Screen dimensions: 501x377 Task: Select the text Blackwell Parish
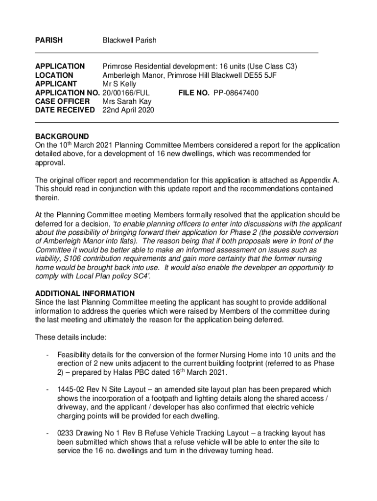click(x=129, y=40)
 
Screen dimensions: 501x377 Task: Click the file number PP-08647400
click(x=236, y=93)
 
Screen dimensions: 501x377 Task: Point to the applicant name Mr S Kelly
click(x=119, y=84)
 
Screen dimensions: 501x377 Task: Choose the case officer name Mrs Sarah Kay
click(x=127, y=102)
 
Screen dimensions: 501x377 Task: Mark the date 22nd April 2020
click(x=128, y=111)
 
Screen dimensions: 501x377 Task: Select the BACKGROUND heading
click(x=62, y=137)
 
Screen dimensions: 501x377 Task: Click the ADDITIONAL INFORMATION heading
click(x=85, y=294)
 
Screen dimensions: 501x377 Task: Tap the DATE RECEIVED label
click(x=65, y=111)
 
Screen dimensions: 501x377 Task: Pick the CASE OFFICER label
click(x=63, y=102)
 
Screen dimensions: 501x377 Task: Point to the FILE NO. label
click(x=194, y=93)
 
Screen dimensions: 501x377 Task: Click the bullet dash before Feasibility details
click(x=47, y=355)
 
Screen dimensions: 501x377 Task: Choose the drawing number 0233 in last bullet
click(x=65, y=433)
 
